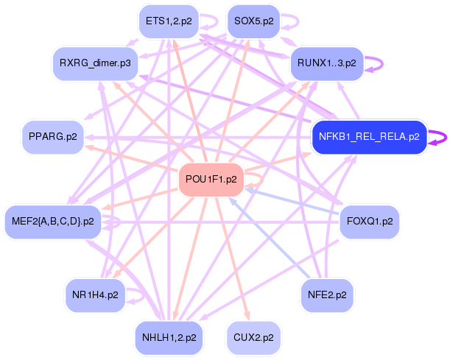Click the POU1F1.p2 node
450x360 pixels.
point(211,180)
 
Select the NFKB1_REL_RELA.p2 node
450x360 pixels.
point(370,137)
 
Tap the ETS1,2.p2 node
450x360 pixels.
point(169,21)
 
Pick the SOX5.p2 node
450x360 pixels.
point(253,21)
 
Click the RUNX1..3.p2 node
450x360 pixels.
point(327,63)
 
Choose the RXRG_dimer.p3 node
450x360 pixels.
point(95,63)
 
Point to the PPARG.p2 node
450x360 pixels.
point(53,137)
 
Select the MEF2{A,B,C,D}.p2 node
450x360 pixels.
point(53,222)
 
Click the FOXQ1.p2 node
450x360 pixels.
point(370,222)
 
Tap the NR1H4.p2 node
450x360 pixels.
point(95,295)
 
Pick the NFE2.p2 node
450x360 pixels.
point(327,295)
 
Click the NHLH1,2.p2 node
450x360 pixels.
point(169,338)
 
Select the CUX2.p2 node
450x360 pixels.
point(253,338)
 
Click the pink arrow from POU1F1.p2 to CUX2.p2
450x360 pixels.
point(232,258)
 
